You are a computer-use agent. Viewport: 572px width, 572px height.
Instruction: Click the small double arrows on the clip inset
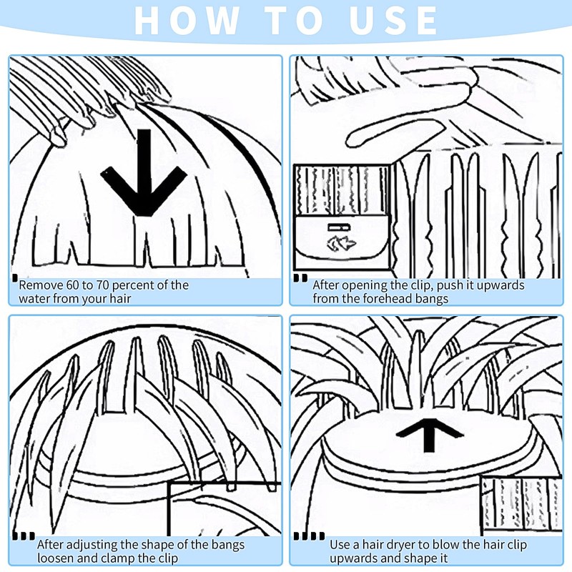342,243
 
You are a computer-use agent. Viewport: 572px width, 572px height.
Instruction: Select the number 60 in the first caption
74,285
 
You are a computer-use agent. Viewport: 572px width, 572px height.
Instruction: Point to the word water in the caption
34,299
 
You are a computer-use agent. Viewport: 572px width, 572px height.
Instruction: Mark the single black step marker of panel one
14,278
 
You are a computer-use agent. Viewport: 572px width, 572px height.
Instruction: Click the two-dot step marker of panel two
300,278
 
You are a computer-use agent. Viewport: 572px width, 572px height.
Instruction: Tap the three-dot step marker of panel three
24,536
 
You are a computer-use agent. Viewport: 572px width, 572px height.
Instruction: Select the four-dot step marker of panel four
310,536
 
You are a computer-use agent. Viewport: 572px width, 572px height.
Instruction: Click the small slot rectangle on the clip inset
339,227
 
